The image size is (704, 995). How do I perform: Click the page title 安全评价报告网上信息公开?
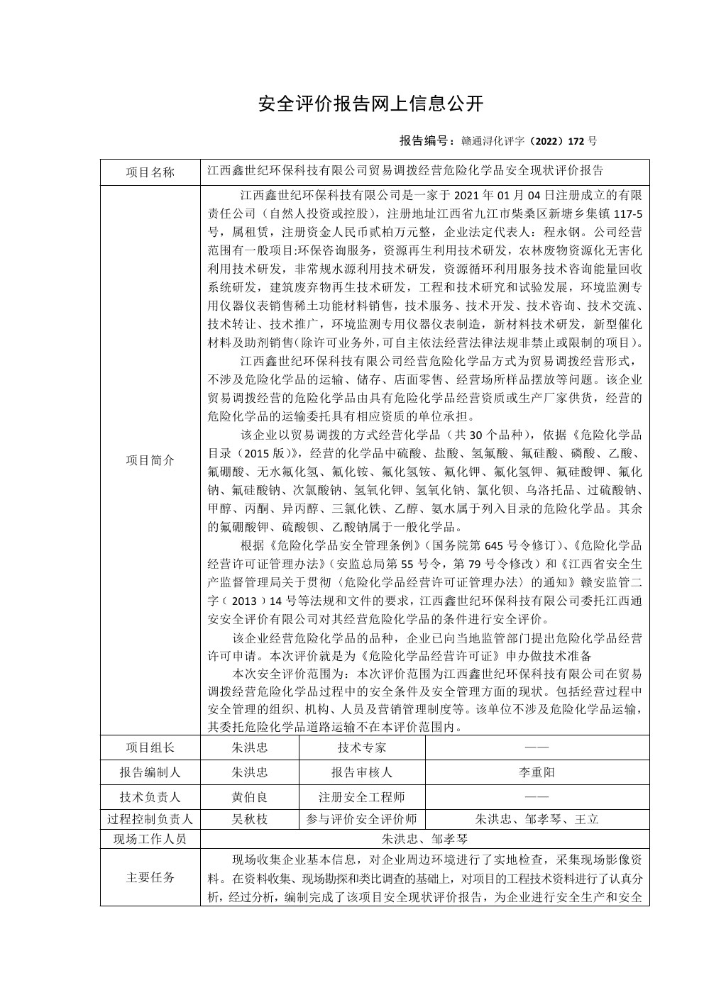pyautogui.click(x=370, y=104)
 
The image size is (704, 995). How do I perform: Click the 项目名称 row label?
pyautogui.click(x=150, y=172)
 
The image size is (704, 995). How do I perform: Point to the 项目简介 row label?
pyautogui.click(x=150, y=460)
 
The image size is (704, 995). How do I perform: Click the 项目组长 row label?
pyautogui.click(x=150, y=747)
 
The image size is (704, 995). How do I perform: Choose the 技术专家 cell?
pyautogui.click(x=362, y=747)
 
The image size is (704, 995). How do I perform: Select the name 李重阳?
pyautogui.click(x=537, y=772)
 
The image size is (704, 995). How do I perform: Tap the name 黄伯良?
pyautogui.click(x=250, y=797)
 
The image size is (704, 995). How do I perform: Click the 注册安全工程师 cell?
pyautogui.click(x=362, y=797)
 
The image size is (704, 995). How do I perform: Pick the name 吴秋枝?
pyautogui.click(x=250, y=819)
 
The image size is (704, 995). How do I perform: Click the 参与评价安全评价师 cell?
pyautogui.click(x=362, y=819)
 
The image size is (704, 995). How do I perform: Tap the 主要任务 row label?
pyautogui.click(x=150, y=877)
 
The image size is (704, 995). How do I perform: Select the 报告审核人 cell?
pyautogui.click(x=362, y=772)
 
